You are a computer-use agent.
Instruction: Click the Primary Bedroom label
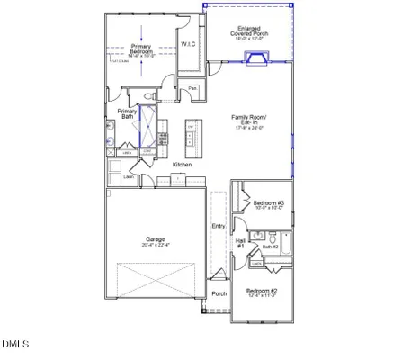pos(140,48)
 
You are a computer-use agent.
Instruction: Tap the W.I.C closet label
pos(188,43)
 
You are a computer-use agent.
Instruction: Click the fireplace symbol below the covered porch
pos(256,59)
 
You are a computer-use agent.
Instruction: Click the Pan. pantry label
pos(192,88)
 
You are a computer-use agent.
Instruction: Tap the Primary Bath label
pos(127,114)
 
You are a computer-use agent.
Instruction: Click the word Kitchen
pos(182,165)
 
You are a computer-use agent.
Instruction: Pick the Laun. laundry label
pos(116,177)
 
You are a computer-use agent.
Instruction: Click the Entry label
pos(218,226)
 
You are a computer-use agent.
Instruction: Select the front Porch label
pos(219,293)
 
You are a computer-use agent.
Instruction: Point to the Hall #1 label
pos(240,244)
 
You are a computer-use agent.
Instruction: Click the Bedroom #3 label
pos(268,204)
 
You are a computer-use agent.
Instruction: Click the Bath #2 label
pos(271,246)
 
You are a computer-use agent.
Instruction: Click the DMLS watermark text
pos(15,344)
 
